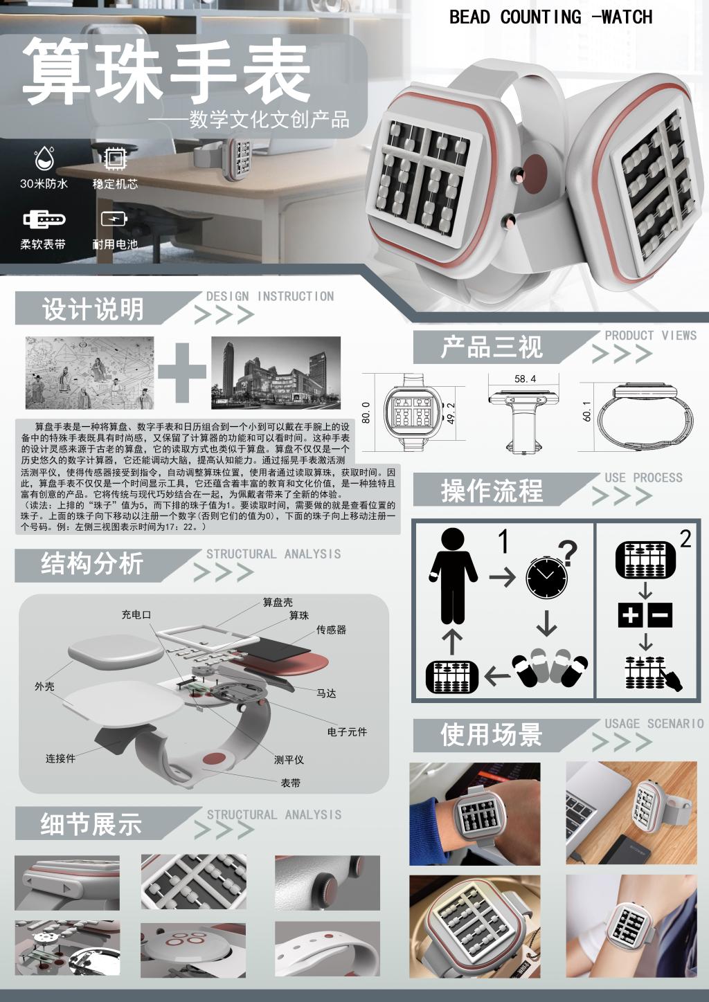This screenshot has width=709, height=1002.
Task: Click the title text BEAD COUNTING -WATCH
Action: coord(550,17)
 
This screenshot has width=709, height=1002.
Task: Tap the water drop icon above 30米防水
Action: coord(44,158)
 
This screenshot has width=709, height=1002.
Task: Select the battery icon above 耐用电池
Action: coord(114,219)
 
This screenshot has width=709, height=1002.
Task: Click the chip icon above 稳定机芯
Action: coord(114,158)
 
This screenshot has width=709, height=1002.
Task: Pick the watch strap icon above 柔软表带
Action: coord(44,219)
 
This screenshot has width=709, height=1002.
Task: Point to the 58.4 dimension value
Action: coord(525,379)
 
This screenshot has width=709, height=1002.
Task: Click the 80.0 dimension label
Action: coord(366,412)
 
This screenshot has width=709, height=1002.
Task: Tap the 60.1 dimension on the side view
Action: coord(587,411)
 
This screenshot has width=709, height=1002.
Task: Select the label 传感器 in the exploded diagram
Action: coord(331,630)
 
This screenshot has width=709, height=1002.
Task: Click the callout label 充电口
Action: coord(136,614)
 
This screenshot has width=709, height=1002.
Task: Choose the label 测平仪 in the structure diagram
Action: coord(289,760)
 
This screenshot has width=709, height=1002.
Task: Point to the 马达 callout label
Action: coord(326,693)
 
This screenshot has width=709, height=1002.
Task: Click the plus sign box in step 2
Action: coord(631,615)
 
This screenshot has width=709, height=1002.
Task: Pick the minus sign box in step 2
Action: coord(660,615)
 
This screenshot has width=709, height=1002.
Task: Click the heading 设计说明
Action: coord(93,309)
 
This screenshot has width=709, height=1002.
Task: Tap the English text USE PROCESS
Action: coord(644,477)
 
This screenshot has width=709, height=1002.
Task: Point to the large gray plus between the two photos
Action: coord(181,372)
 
